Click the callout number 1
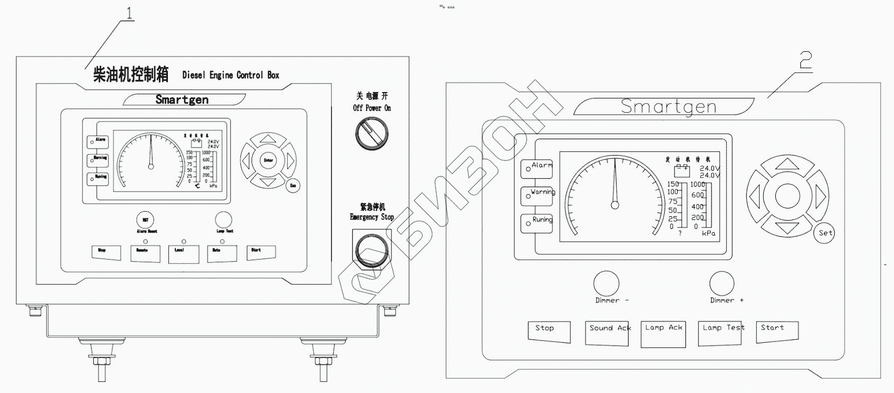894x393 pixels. pos(129,13)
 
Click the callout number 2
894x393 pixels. pos(805,61)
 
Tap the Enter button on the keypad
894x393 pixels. pos(269,160)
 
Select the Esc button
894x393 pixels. pos(292,186)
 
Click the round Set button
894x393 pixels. pos(825,233)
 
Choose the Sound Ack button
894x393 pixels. pos(607,333)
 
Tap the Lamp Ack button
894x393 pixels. pos(664,334)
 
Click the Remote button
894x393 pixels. pos(145,253)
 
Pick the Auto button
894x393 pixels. pos(222,253)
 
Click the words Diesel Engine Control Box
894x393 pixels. pos(230,75)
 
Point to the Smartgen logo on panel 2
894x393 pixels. pos(668,107)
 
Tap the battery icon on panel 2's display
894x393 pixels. pos(682,171)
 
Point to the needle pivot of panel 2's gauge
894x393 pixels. pos(615,205)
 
